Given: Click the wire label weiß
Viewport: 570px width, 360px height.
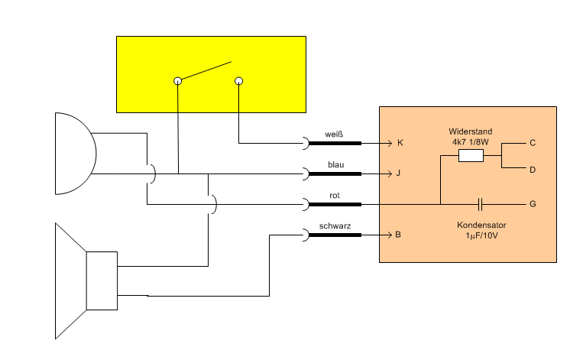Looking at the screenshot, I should click(333, 134).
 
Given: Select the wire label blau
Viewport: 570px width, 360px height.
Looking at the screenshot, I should click(335, 164).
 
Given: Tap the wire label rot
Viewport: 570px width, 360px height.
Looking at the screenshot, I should click(335, 195).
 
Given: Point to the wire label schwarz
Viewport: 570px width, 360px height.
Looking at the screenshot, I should click(335, 226).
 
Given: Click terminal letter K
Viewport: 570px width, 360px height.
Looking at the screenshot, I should click(398, 143).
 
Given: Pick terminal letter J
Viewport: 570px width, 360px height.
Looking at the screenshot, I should click(398, 174).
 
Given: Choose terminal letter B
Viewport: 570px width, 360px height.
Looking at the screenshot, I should click(398, 235).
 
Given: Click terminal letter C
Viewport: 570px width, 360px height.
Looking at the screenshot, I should click(532, 143).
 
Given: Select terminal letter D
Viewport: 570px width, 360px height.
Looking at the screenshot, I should click(532, 169).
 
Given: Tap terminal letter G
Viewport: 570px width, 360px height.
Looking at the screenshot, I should click(532, 204).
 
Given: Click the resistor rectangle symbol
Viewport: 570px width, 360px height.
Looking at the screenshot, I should click(471, 156).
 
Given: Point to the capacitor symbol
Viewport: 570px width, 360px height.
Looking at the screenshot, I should click(480, 204).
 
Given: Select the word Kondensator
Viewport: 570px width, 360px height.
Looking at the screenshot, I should click(482, 226).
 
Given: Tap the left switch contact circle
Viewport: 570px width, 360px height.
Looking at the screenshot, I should click(177, 80).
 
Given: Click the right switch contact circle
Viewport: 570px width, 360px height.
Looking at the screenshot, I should click(238, 80).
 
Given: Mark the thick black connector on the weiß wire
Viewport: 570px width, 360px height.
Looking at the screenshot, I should click(333, 143).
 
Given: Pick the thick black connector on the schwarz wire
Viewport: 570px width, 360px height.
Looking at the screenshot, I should click(333, 235).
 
